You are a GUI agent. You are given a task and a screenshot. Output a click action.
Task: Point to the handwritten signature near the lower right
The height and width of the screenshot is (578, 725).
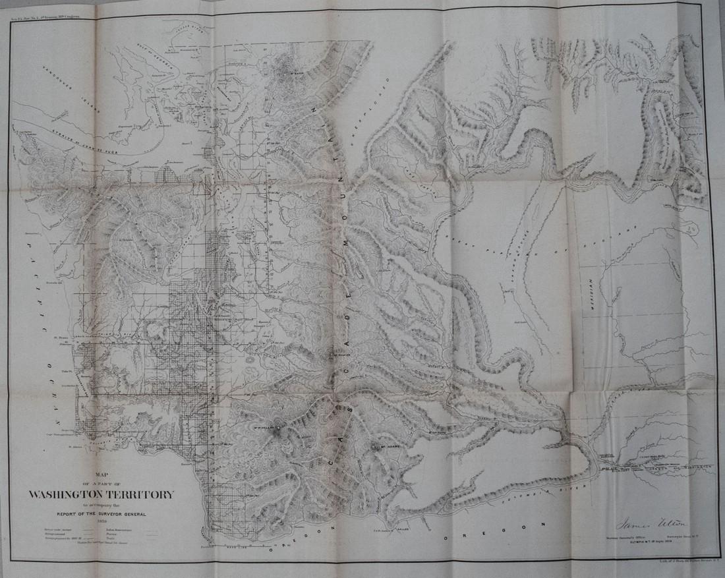click(x=651, y=523)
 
